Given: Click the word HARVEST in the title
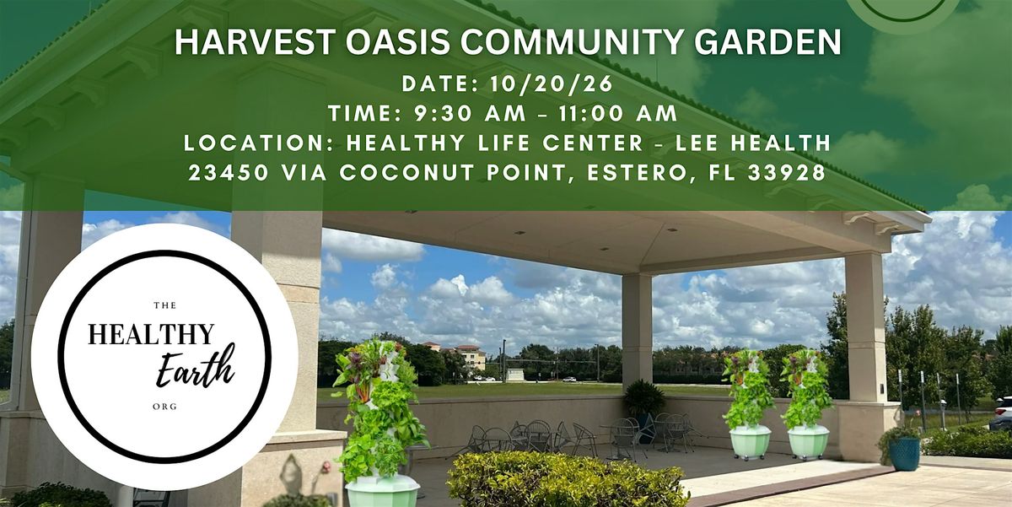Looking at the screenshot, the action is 256,42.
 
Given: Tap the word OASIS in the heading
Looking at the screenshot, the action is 398,42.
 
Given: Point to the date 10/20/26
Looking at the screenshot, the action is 552,84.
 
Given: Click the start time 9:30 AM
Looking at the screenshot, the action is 470,113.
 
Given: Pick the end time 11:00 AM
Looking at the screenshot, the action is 618,113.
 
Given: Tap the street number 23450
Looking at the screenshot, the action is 229,173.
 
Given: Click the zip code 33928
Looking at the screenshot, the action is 787,173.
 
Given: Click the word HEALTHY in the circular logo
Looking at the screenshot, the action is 151,334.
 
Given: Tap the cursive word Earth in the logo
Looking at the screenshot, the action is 196,367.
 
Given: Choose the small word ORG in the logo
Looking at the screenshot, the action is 165,407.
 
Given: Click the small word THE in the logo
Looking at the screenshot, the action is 165,305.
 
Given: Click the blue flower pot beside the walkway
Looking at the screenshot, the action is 904,454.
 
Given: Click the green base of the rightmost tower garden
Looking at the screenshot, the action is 808,442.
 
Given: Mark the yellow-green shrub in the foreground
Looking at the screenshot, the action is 567,480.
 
